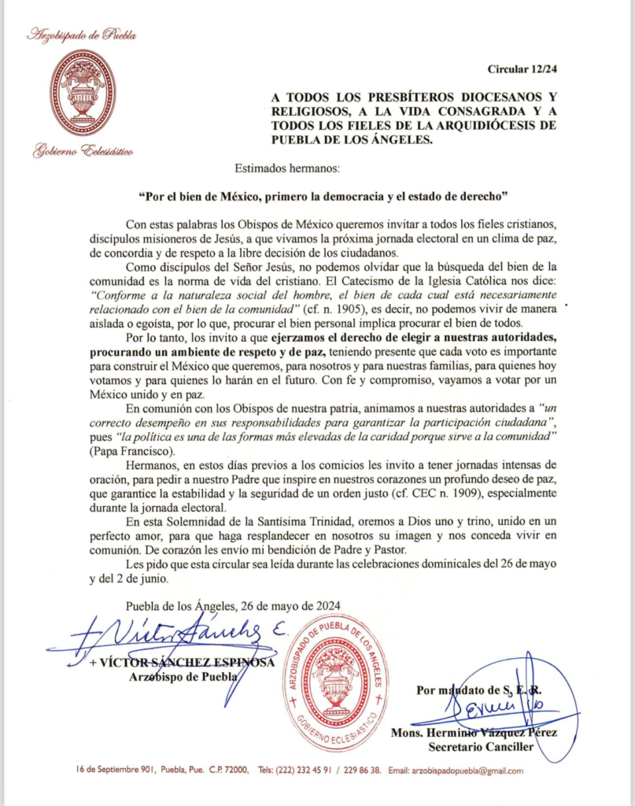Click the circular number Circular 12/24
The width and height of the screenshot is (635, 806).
pyautogui.click(x=522, y=69)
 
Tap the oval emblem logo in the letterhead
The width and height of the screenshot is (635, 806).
pyautogui.click(x=82, y=92)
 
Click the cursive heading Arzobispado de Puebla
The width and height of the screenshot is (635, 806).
pyautogui.click(x=82, y=35)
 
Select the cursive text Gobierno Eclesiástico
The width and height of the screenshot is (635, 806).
pyautogui.click(x=83, y=151)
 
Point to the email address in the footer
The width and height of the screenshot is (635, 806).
pyautogui.click(x=456, y=771)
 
